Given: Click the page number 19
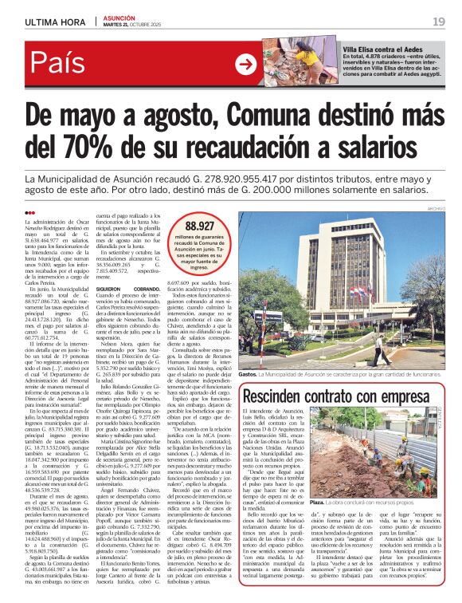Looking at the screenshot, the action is pyautogui.click(x=438, y=22).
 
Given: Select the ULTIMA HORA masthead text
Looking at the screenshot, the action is pyautogui.click(x=54, y=22).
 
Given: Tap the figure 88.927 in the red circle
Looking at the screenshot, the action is pyautogui.click(x=198, y=226).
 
